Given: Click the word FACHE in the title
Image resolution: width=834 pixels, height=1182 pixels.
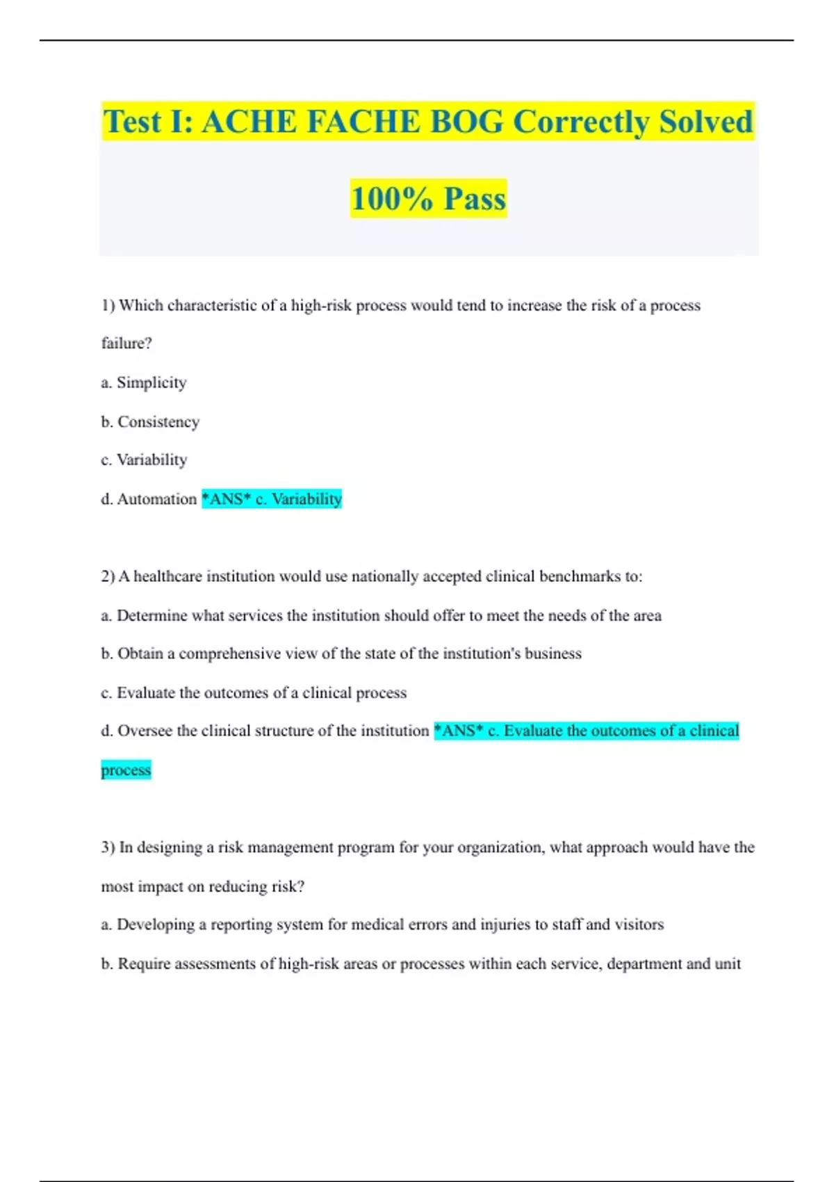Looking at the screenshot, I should pyautogui.click(x=363, y=122).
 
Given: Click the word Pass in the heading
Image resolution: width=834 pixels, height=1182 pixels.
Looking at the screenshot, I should pyautogui.click(x=475, y=199).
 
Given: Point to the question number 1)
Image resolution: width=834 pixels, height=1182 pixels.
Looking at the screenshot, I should pyautogui.click(x=108, y=305).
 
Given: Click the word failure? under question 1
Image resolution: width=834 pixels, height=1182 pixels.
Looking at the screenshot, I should pyautogui.click(x=126, y=343).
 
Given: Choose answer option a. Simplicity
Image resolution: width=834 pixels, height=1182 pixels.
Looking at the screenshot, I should pyautogui.click(x=144, y=382).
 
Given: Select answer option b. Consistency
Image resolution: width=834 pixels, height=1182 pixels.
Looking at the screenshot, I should pyautogui.click(x=150, y=421).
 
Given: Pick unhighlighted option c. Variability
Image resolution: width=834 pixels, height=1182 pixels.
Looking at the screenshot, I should pyautogui.click(x=144, y=460).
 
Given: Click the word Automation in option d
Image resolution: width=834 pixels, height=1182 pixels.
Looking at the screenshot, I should pyautogui.click(x=157, y=499).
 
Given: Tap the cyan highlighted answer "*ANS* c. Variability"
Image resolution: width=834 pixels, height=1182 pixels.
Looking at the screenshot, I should pyautogui.click(x=272, y=499).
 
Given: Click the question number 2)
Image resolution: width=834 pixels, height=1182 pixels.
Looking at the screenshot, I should pyautogui.click(x=108, y=576).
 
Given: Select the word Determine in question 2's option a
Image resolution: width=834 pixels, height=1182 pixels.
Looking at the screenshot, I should pyautogui.click(x=152, y=615).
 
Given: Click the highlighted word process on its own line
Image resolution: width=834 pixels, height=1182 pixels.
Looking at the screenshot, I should pyautogui.click(x=126, y=770).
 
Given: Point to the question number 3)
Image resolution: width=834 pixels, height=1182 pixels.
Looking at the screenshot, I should pyautogui.click(x=108, y=848).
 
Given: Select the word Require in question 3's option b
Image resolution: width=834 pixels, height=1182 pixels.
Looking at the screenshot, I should pyautogui.click(x=144, y=964).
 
